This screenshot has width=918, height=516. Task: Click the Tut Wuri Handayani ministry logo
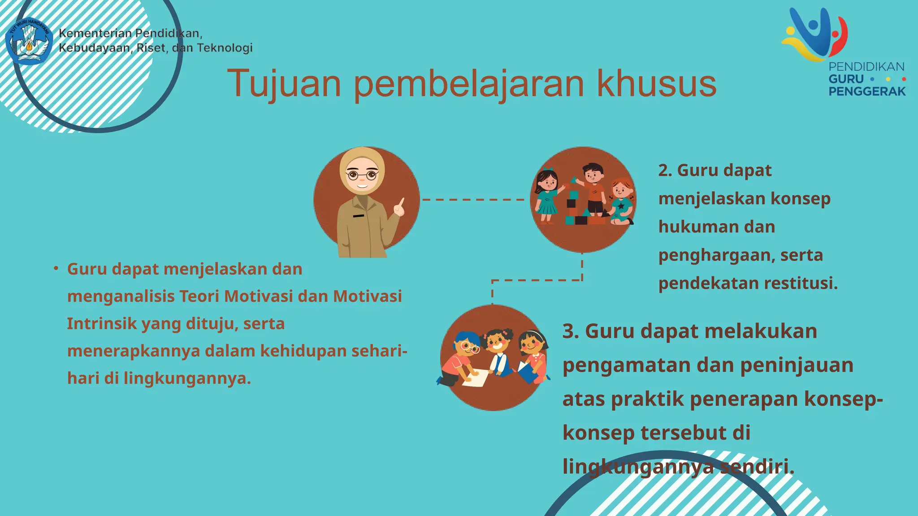[x=30, y=41]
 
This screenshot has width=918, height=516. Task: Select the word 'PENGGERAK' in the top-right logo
[x=867, y=91]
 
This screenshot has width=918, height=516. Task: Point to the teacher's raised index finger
[x=402, y=201]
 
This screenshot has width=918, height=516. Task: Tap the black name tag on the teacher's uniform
[x=358, y=216]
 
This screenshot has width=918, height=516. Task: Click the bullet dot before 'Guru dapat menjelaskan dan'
[x=56, y=268]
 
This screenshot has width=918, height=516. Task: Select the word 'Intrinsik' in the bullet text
[x=102, y=323]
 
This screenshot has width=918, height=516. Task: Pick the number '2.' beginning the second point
[x=665, y=170]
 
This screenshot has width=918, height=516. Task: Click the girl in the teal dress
[x=546, y=197]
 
